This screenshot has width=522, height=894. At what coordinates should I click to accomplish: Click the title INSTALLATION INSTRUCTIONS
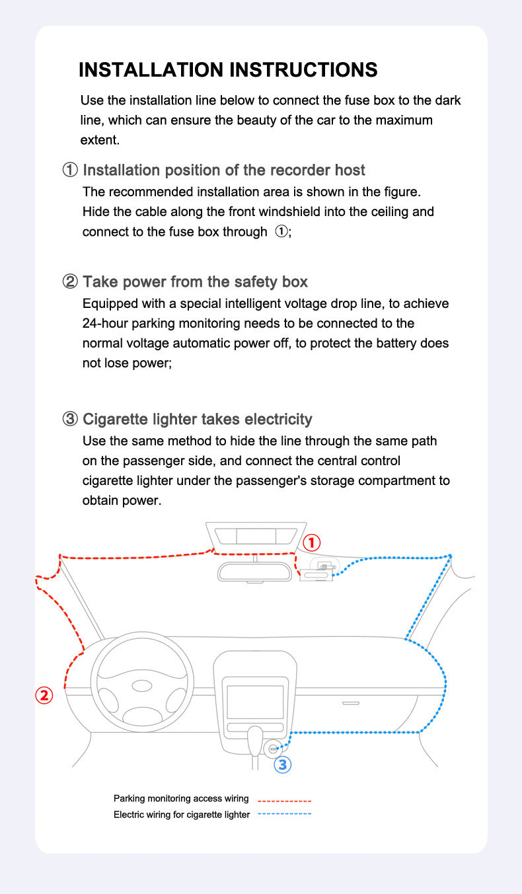tap(228, 70)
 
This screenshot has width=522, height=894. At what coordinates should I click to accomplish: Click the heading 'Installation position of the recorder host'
tap(223, 170)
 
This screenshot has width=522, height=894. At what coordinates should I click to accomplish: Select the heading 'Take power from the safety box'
tap(195, 282)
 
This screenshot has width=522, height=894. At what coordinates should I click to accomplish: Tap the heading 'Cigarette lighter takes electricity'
tap(197, 419)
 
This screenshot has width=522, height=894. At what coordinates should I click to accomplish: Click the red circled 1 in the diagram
tap(311, 543)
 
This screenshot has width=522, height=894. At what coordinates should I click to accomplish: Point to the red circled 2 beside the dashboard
tap(44, 695)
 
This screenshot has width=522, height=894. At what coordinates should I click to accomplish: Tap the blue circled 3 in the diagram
tap(282, 764)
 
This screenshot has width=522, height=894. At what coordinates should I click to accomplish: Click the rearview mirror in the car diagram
tap(254, 571)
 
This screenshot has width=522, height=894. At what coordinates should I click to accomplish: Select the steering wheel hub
tap(142, 686)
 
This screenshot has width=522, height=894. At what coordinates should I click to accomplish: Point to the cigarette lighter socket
tap(273, 749)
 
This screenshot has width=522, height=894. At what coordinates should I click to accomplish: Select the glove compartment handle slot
tap(351, 703)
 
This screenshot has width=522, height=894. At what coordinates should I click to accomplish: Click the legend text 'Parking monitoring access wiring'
tap(181, 799)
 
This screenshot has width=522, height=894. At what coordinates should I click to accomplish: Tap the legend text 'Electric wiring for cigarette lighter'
tap(182, 815)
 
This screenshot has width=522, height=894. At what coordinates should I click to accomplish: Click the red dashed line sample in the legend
tap(284, 800)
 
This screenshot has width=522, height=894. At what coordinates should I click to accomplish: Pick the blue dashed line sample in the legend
tap(284, 814)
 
